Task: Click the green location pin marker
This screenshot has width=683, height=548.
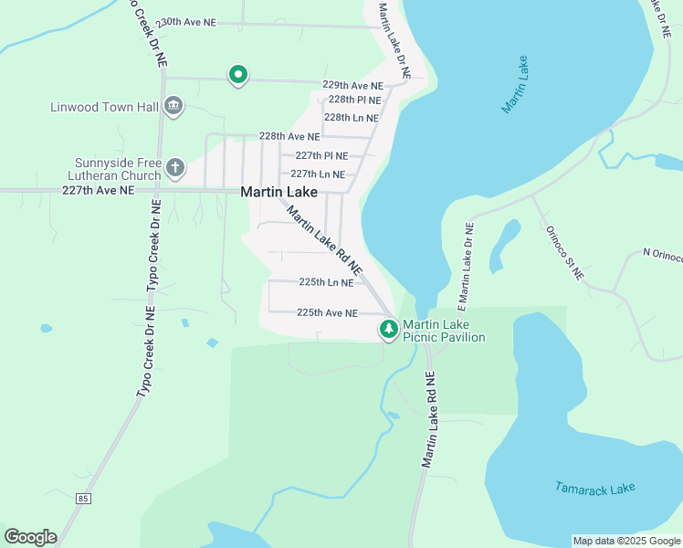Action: coord(237,74)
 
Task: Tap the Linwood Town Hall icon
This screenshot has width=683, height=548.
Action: coord(173,107)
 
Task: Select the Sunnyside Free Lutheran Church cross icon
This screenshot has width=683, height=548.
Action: coord(174,168)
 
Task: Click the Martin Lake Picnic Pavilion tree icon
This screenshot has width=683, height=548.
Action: coord(389,329)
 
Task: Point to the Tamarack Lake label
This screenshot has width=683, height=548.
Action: coord(594,489)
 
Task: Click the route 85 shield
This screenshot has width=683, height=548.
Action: coord(84,499)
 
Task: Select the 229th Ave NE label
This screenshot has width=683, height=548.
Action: coord(352,85)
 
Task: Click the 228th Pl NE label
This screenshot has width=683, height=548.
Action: coord(354,100)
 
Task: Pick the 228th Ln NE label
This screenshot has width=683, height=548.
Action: coord(352,118)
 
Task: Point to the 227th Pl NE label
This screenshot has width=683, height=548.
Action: coord(321,155)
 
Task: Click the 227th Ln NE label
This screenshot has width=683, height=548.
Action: coord(318,174)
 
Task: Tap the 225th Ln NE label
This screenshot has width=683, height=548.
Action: coord(326,283)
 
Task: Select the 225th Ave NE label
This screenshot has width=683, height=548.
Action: coord(327,312)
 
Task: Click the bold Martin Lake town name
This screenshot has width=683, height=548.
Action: coord(278,193)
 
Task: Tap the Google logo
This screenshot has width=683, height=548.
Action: coord(30,537)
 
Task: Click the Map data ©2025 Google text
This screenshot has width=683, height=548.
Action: coord(625,541)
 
